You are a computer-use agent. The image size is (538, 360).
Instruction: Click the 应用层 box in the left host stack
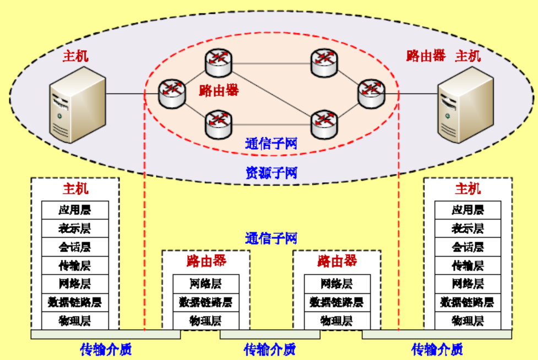(x=75, y=210)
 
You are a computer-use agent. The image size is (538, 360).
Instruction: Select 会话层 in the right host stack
(x=468, y=247)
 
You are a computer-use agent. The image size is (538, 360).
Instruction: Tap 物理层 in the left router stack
(x=205, y=320)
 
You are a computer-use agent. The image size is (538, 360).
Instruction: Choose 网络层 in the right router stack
(x=336, y=284)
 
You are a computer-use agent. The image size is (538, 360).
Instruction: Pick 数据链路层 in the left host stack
(x=75, y=302)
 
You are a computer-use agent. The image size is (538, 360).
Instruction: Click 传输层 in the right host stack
(x=468, y=265)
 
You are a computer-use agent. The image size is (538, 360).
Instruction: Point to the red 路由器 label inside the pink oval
(x=219, y=91)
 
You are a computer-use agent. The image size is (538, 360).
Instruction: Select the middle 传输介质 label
(x=270, y=349)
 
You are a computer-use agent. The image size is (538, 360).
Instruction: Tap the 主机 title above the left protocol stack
(x=75, y=189)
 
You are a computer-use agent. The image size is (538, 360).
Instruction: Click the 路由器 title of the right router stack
(x=337, y=260)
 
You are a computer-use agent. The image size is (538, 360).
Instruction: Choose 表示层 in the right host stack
(x=468, y=228)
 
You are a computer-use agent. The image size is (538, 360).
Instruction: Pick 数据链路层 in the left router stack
(x=205, y=302)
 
